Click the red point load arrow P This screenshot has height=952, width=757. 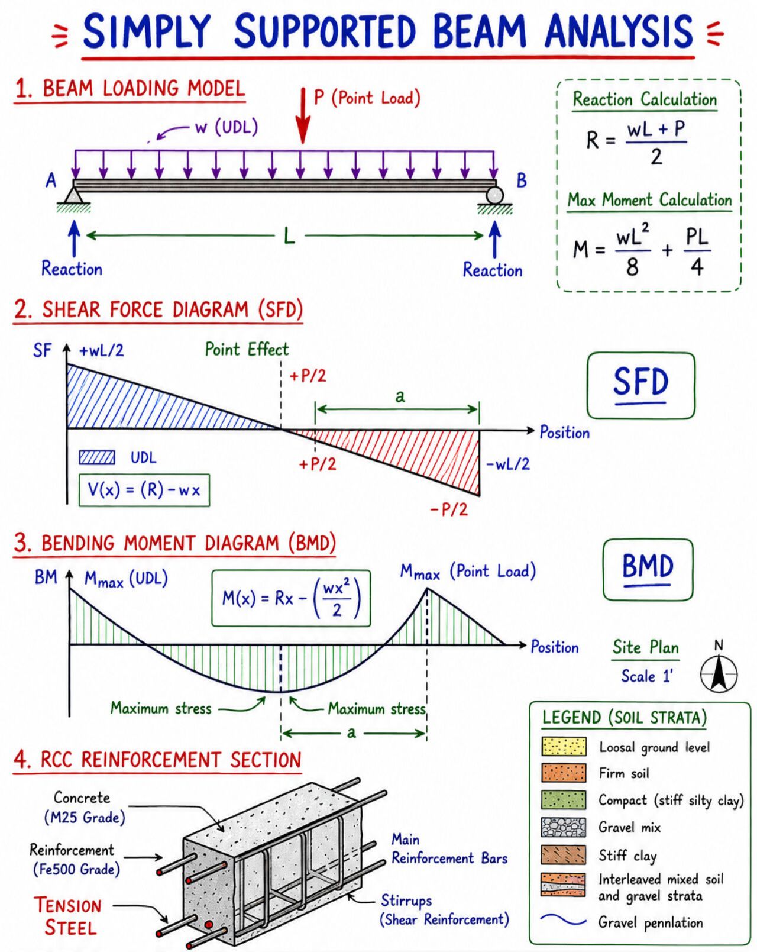pos(303,116)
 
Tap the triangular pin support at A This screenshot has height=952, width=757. pos(75,195)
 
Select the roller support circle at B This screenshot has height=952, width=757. pos(495,195)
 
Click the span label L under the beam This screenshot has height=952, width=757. pos(289,236)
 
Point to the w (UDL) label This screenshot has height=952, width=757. pos(227,128)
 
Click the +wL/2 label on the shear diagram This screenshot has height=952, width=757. pos(102,351)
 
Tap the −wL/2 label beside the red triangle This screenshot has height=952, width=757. pos(507,464)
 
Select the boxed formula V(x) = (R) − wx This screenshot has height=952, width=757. pos(144,490)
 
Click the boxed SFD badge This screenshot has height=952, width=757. pos(640,385)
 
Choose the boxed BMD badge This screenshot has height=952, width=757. pos(648,569)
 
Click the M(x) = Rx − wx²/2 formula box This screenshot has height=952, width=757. pos(291,599)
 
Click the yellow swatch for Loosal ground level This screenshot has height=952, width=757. pos(564,747)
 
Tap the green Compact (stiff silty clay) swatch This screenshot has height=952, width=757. pos(564,801)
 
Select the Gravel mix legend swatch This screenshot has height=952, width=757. pos(564,827)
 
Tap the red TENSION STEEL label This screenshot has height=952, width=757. pos(69,916)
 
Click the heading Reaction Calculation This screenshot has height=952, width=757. pos(645,99)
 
